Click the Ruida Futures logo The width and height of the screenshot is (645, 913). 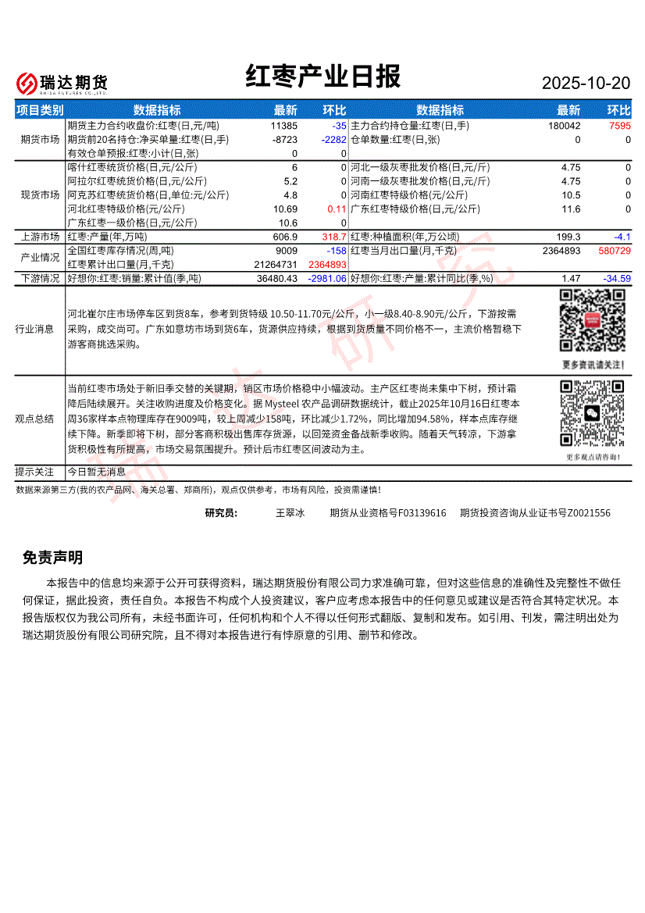(62, 83)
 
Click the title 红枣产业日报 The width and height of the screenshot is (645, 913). (322, 77)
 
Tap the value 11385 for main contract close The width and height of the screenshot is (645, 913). (284, 126)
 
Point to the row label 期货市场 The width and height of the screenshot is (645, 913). (40, 140)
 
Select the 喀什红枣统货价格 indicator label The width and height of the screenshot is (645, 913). (132, 168)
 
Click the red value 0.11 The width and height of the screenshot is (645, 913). (337, 209)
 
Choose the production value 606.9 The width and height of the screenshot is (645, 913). (285, 237)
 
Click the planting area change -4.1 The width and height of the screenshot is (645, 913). (622, 237)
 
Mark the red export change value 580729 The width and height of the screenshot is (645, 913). (615, 251)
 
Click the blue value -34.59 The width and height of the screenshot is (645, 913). (616, 278)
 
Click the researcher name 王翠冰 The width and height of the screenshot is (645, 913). (290, 513)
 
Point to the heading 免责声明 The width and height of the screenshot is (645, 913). (52, 558)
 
